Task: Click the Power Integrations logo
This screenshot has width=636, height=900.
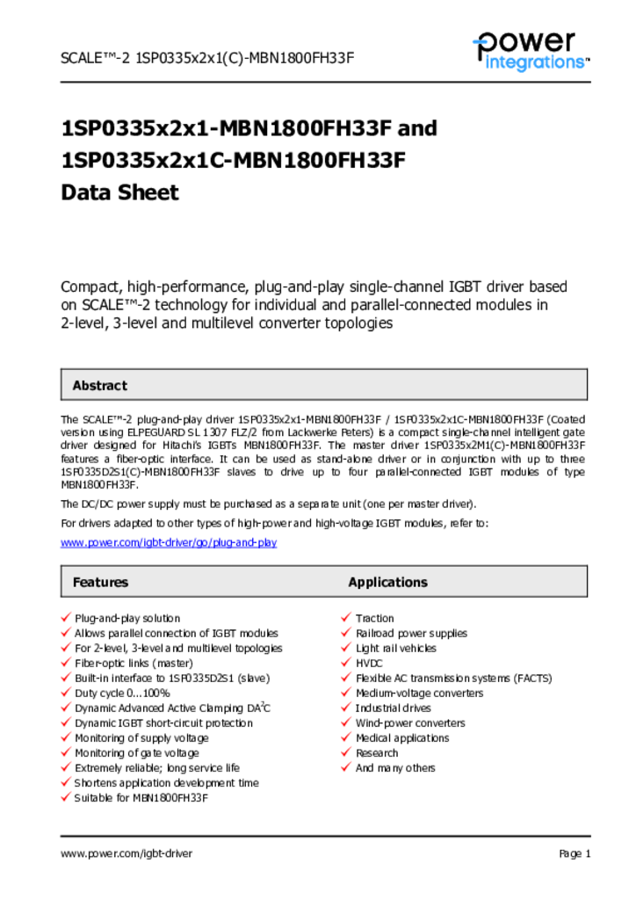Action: tap(529, 50)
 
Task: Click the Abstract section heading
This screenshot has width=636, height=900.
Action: tap(99, 385)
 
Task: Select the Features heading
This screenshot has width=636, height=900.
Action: tap(100, 582)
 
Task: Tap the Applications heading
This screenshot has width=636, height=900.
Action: tap(387, 582)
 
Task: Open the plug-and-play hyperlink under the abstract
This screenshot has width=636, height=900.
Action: tap(169, 542)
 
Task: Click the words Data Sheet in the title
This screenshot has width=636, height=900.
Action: tap(119, 192)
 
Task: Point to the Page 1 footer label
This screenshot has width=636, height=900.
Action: tap(575, 853)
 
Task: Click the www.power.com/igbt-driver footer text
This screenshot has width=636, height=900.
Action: tap(126, 853)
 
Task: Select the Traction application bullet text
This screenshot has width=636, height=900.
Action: tap(375, 619)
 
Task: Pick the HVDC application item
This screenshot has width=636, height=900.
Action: tap(370, 664)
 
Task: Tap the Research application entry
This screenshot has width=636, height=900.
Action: tap(377, 753)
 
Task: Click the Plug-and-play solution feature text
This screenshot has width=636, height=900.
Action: tap(127, 619)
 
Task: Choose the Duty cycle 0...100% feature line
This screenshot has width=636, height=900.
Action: tap(122, 693)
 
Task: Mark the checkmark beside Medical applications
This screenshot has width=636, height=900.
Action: tap(346, 737)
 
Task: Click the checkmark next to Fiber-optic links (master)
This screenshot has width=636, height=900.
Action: tap(65, 663)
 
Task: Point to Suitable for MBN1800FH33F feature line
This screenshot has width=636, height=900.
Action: tap(141, 798)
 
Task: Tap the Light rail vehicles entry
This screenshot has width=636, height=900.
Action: tap(395, 649)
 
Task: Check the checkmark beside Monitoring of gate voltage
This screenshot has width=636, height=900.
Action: tap(65, 752)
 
